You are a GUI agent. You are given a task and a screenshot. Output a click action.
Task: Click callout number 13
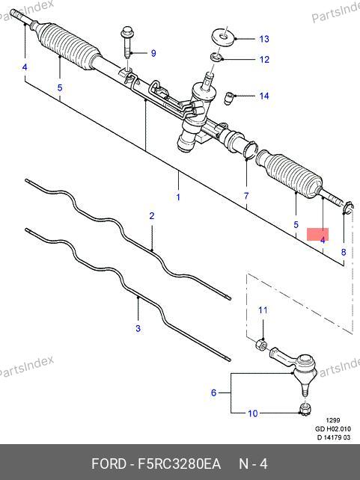click(264, 39)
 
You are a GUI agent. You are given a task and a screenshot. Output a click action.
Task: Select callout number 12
click(264, 59)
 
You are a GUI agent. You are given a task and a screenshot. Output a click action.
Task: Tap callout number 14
click(264, 96)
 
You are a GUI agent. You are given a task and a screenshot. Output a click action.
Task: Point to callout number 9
click(153, 53)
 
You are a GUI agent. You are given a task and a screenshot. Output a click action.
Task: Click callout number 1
click(178, 197)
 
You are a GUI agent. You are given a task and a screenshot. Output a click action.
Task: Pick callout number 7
click(246, 196)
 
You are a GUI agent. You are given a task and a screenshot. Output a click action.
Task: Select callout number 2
click(152, 216)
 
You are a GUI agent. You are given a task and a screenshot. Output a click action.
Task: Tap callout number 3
click(138, 328)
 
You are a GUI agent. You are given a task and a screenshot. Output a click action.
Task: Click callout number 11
click(263, 310)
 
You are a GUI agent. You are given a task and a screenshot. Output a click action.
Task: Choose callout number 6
click(214, 393)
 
